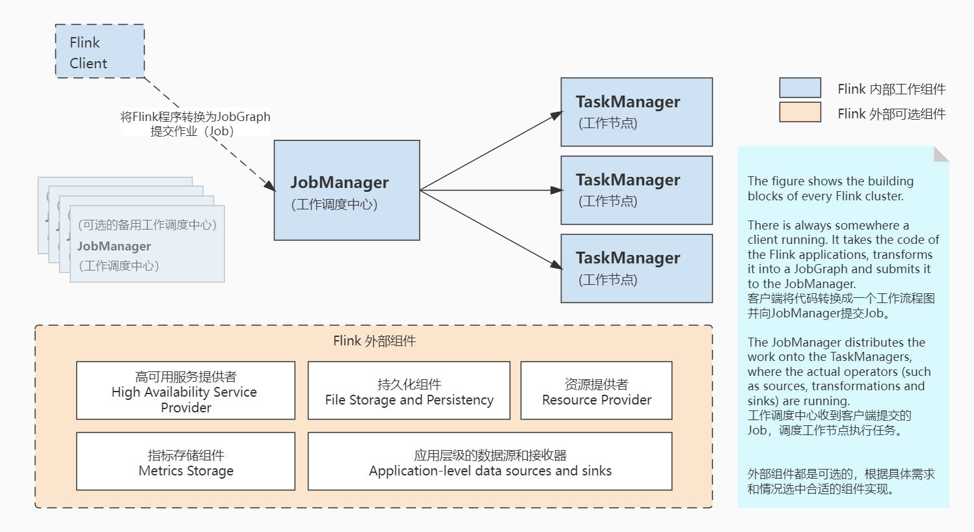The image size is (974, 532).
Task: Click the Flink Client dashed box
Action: (x=100, y=51)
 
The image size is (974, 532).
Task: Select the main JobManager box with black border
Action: (x=346, y=191)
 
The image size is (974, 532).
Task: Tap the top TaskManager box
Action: (x=636, y=112)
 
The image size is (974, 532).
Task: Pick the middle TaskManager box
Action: (x=636, y=190)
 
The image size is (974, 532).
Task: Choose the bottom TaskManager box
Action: (x=636, y=268)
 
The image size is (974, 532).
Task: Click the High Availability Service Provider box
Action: (x=185, y=391)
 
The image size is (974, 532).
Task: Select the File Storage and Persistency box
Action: (x=409, y=391)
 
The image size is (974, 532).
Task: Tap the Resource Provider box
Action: (x=596, y=391)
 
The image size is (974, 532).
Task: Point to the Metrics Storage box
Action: (x=185, y=461)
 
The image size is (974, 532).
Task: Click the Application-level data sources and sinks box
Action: (x=489, y=461)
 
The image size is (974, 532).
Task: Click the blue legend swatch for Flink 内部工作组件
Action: (x=800, y=88)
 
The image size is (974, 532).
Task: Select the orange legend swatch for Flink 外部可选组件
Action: (x=800, y=113)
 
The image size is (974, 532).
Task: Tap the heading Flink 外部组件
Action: (x=374, y=341)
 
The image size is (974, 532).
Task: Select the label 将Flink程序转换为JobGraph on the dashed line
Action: (x=195, y=117)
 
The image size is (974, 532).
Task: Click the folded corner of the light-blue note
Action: (x=941, y=153)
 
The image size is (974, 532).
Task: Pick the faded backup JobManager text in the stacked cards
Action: (x=114, y=246)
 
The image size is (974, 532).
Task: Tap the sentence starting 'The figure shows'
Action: (x=830, y=189)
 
